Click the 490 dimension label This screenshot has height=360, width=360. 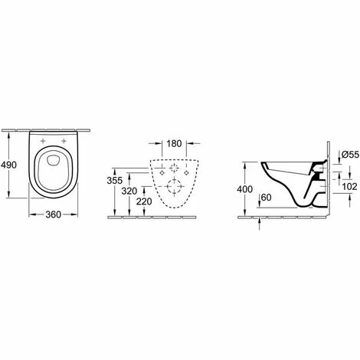(8, 165)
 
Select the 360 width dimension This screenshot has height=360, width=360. (54, 214)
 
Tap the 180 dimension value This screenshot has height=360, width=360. (174, 143)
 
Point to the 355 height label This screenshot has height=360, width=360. (115, 181)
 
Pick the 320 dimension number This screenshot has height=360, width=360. (129, 191)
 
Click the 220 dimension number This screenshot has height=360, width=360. (144, 201)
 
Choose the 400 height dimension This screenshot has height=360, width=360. (245, 189)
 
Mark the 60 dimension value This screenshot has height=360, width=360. (267, 198)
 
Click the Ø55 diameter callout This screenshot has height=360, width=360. (350, 154)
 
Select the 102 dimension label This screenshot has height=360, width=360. (349, 187)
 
